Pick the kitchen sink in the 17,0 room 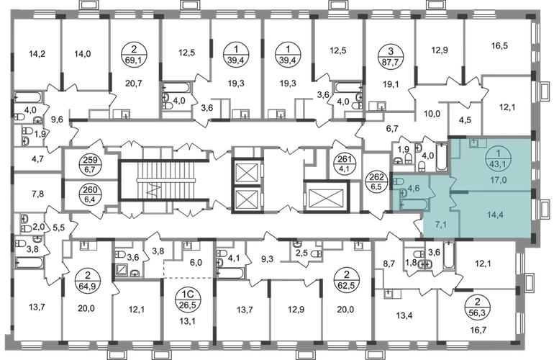[476, 143]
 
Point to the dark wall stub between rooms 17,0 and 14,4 [458, 192]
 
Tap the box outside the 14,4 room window [541, 209]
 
